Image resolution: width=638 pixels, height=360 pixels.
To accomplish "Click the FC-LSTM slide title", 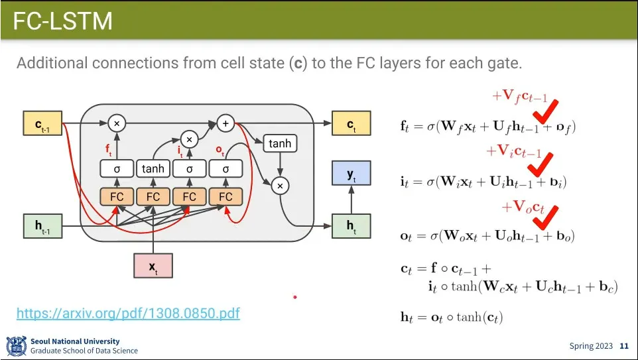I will pos(63,21).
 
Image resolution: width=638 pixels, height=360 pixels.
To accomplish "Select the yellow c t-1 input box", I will pos(42,124).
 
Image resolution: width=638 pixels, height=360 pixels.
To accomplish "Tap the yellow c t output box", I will pos(351,124).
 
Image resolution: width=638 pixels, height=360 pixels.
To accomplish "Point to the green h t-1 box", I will pos(42,226).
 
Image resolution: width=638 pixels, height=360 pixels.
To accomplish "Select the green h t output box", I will pos(351,226).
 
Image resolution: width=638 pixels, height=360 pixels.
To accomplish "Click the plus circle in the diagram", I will pos(225,123).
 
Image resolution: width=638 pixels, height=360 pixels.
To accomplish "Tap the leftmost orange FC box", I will pos(117,196).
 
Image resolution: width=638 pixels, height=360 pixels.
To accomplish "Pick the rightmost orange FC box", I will pos(225,196).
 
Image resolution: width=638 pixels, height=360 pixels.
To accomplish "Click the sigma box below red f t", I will pos(117,169).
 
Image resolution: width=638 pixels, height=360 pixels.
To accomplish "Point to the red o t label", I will pos(220,151).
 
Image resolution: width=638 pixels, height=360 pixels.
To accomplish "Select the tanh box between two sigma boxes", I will pos(153,169).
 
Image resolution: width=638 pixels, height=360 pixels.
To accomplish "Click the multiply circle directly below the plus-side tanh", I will pos(280,186).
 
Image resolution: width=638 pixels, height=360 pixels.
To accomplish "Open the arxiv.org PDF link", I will pos(128,313).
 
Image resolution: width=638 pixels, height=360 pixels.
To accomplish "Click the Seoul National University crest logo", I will pos(16,346).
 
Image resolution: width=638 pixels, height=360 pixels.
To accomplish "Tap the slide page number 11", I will pos(623,346).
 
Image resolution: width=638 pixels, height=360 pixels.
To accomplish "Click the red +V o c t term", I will pos(523,208).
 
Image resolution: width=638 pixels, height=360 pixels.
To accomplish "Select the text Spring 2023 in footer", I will pos(591,346).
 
